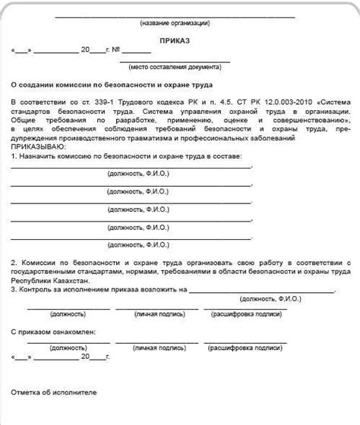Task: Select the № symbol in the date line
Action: tap(117, 51)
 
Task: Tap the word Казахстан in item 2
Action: tap(74, 280)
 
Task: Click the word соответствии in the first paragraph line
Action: tap(45, 102)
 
